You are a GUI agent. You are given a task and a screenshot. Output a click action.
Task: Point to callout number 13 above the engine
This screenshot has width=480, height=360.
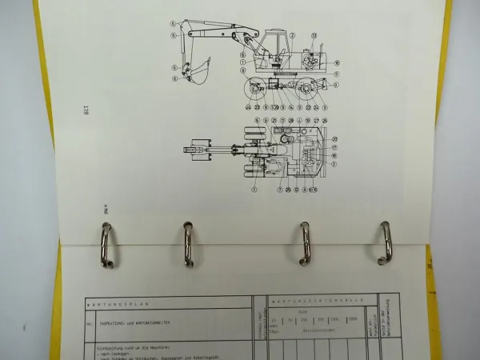click(314, 36)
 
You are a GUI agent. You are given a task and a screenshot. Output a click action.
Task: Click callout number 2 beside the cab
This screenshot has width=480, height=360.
click(293, 36)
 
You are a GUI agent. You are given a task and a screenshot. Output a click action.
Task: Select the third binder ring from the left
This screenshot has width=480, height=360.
click(305, 242)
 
